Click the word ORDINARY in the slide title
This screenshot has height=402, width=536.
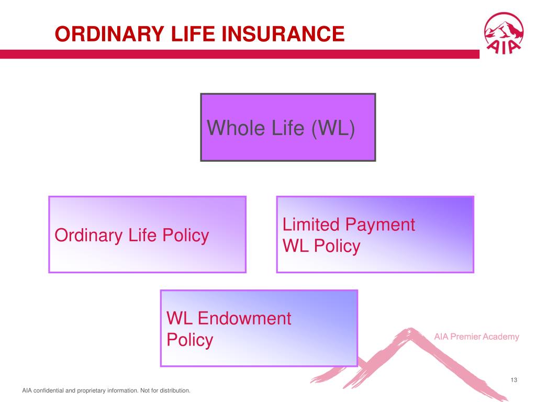click(x=109, y=34)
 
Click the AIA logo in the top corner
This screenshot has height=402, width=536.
click(x=504, y=33)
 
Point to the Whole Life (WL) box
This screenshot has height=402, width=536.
click(x=288, y=127)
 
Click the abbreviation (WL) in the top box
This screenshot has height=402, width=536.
click(x=333, y=128)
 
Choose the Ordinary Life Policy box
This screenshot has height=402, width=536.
click(x=147, y=234)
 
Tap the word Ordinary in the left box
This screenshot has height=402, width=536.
click(x=88, y=236)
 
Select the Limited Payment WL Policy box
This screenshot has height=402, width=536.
click(x=375, y=234)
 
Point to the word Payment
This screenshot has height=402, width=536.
click(x=380, y=226)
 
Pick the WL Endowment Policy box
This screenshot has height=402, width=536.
click(x=259, y=328)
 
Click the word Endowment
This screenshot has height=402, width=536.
click(x=244, y=318)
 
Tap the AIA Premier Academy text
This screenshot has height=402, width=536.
click(x=476, y=337)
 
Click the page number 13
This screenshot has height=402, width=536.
click(x=514, y=380)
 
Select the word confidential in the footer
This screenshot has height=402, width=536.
click(x=48, y=390)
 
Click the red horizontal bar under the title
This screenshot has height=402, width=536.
click(x=240, y=54)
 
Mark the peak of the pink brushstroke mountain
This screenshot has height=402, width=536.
click(x=411, y=330)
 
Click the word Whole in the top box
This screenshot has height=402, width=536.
click(x=236, y=128)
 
